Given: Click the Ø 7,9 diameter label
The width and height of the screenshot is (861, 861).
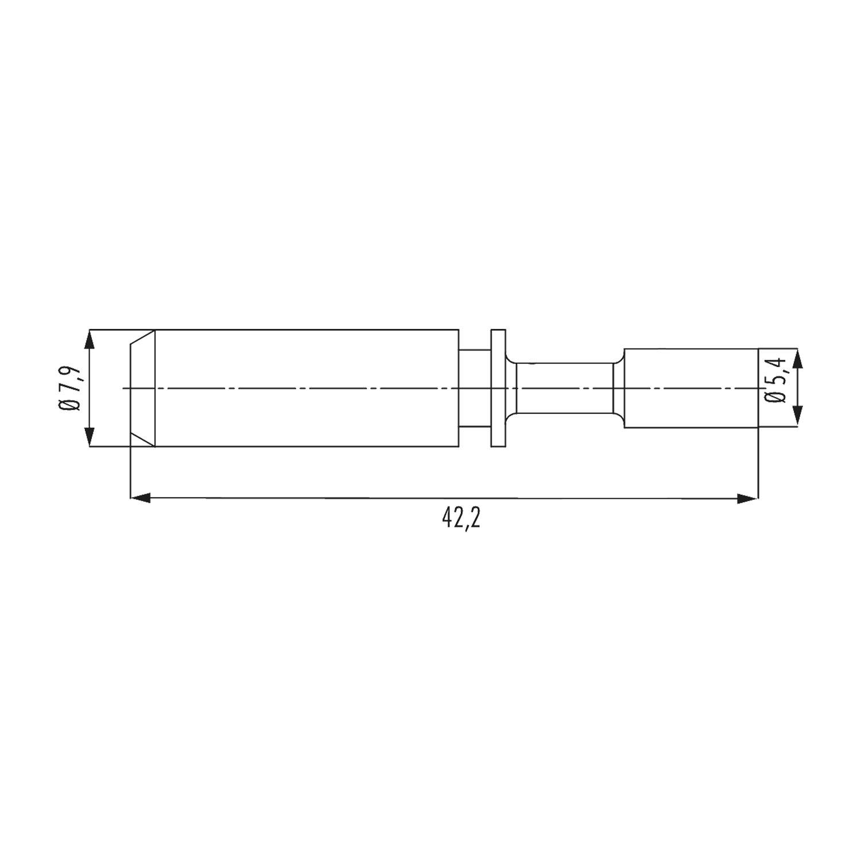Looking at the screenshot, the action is pos(68,388).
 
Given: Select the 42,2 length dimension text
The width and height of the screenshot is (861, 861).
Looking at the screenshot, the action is pos(461,519).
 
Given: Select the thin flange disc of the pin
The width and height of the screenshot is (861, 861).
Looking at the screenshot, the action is pos(498,388).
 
